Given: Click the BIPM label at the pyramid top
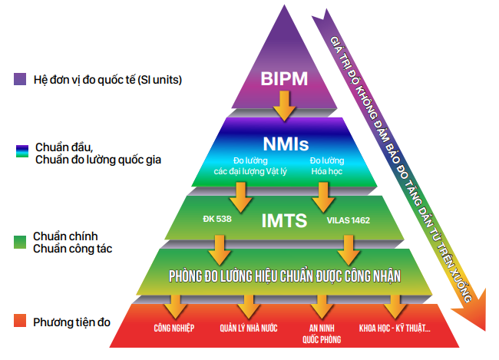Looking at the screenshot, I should tap(284, 79).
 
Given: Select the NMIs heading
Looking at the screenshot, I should tap(285, 143).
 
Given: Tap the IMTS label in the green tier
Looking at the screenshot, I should tap(284, 221).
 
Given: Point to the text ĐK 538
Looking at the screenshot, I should tap(216, 220).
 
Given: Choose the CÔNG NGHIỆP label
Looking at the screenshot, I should tap(173, 329).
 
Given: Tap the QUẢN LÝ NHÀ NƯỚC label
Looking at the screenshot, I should tap(247, 329).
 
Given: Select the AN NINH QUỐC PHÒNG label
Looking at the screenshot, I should tap(321, 332).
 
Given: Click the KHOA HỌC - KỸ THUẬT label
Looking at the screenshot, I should tap(395, 329).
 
